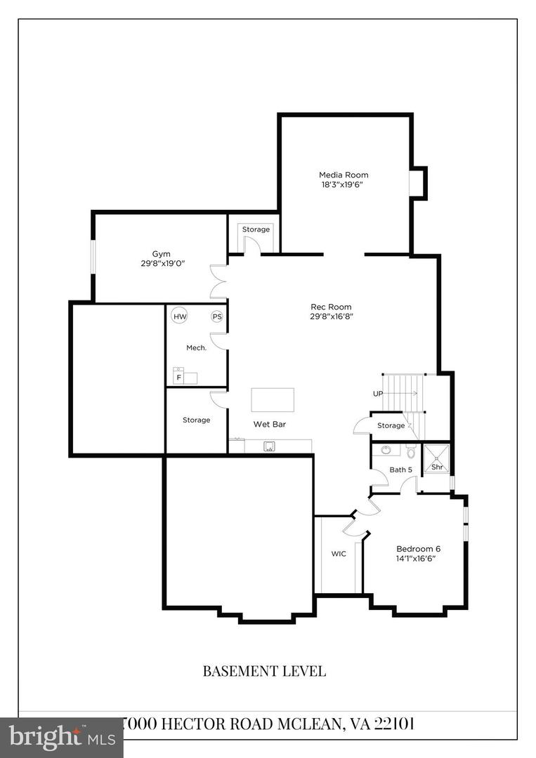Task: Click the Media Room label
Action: pyautogui.click(x=344, y=175)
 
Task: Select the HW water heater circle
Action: pyautogui.click(x=181, y=317)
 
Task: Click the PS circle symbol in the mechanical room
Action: pyautogui.click(x=217, y=317)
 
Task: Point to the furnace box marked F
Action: pyautogui.click(x=179, y=377)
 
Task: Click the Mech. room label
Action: pyautogui.click(x=196, y=347)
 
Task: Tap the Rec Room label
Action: pyautogui.click(x=331, y=307)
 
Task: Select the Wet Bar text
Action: pyautogui.click(x=269, y=425)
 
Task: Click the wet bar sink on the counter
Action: pyautogui.click(x=268, y=446)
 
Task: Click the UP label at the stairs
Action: pyautogui.click(x=378, y=394)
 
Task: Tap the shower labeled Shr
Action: pyautogui.click(x=436, y=467)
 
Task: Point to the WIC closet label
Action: pyautogui.click(x=339, y=554)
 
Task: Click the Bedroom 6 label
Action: pyautogui.click(x=418, y=548)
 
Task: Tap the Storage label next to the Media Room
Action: pyautogui.click(x=256, y=230)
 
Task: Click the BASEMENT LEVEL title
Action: pyautogui.click(x=264, y=671)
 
